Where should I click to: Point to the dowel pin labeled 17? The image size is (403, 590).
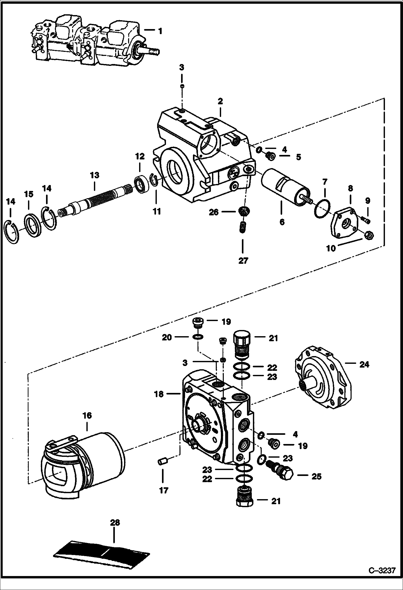point(162,462)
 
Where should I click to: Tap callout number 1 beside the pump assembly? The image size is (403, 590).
point(160,31)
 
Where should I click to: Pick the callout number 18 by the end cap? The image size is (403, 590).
point(159,394)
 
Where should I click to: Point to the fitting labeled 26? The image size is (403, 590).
point(243,210)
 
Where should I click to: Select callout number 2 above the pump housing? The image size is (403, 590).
point(220,102)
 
